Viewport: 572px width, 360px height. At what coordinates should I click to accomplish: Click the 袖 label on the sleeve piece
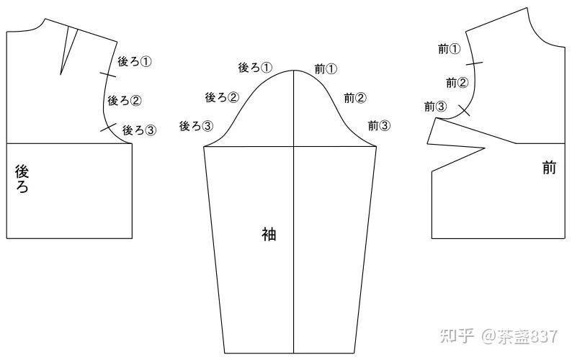click(268, 234)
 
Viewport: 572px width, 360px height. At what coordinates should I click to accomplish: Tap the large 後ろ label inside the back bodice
click(22, 179)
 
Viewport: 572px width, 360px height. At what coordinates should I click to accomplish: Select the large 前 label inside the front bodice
click(549, 168)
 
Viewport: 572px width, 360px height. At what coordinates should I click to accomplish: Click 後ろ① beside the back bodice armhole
click(135, 62)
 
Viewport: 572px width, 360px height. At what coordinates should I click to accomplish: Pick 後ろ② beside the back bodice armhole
click(124, 100)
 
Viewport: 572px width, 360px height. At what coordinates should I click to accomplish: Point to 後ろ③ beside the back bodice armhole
click(139, 130)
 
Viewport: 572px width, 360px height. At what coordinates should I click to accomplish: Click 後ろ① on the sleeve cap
click(255, 68)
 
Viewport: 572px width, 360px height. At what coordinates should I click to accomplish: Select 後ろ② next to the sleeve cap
click(222, 97)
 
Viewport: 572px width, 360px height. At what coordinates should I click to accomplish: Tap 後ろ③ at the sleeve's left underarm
click(196, 126)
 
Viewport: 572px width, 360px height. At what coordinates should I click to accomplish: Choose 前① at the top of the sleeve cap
click(326, 69)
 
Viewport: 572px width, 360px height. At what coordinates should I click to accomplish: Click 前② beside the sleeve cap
click(355, 98)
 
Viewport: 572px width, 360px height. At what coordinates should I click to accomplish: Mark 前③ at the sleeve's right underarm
click(379, 125)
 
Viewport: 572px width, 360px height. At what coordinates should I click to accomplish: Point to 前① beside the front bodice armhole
click(449, 49)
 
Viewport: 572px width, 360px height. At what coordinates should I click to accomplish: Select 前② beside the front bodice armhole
click(457, 83)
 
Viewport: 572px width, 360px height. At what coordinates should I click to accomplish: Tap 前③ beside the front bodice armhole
click(435, 107)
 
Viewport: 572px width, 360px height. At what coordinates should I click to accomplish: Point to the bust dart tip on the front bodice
click(484, 149)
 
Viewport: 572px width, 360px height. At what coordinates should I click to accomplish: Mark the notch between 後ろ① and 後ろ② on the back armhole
click(108, 73)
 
